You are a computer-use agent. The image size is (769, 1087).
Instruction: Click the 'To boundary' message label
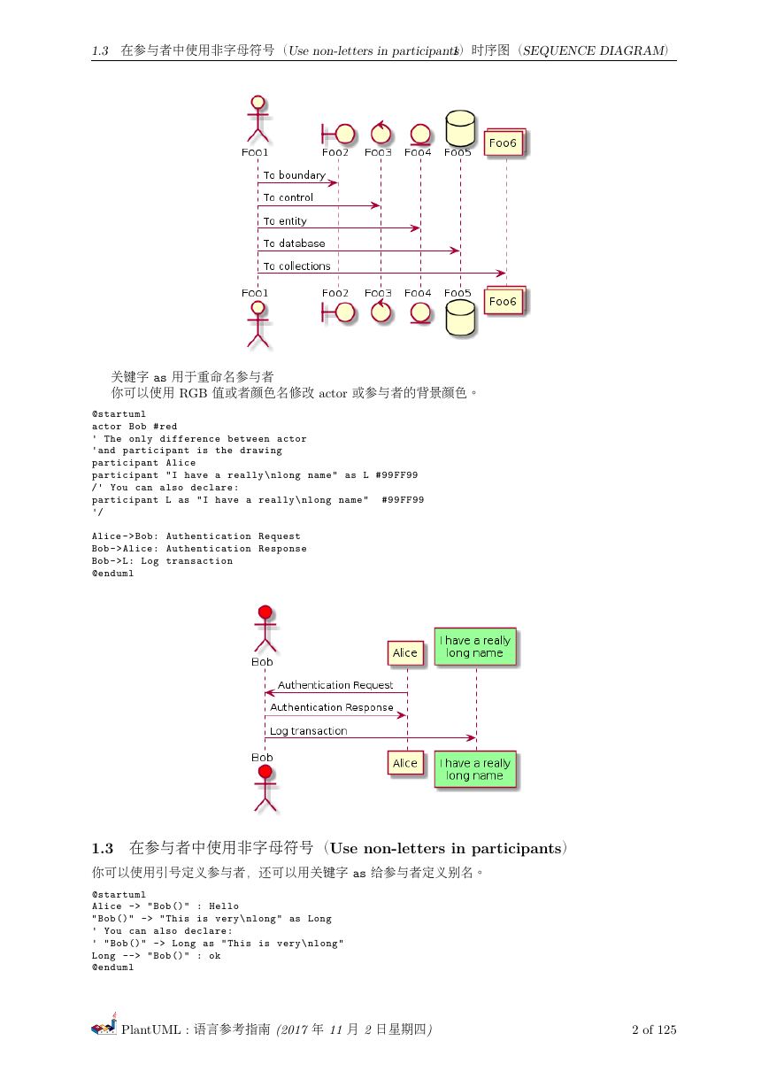point(294,175)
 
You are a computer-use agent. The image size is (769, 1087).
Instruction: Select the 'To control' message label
point(288,197)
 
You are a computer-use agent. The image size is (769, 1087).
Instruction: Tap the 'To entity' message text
point(285,221)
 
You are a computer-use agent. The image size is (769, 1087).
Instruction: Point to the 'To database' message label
point(294,243)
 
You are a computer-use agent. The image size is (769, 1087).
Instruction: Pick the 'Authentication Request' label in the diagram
point(335,685)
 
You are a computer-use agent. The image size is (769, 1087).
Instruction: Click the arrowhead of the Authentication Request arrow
point(270,692)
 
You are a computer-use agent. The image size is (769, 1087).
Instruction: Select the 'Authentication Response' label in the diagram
point(331,707)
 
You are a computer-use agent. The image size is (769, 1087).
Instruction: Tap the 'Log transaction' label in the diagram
point(308,731)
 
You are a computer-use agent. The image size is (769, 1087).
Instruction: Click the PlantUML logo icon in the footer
point(104,1024)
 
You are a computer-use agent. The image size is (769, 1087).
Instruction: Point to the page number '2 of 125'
point(654,1029)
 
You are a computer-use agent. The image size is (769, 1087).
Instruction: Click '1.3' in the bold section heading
point(103,848)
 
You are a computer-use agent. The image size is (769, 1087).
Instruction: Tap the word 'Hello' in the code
point(224,906)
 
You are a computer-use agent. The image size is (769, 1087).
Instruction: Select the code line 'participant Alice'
point(143,463)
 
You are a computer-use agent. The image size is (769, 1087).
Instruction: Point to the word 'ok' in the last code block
point(214,955)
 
